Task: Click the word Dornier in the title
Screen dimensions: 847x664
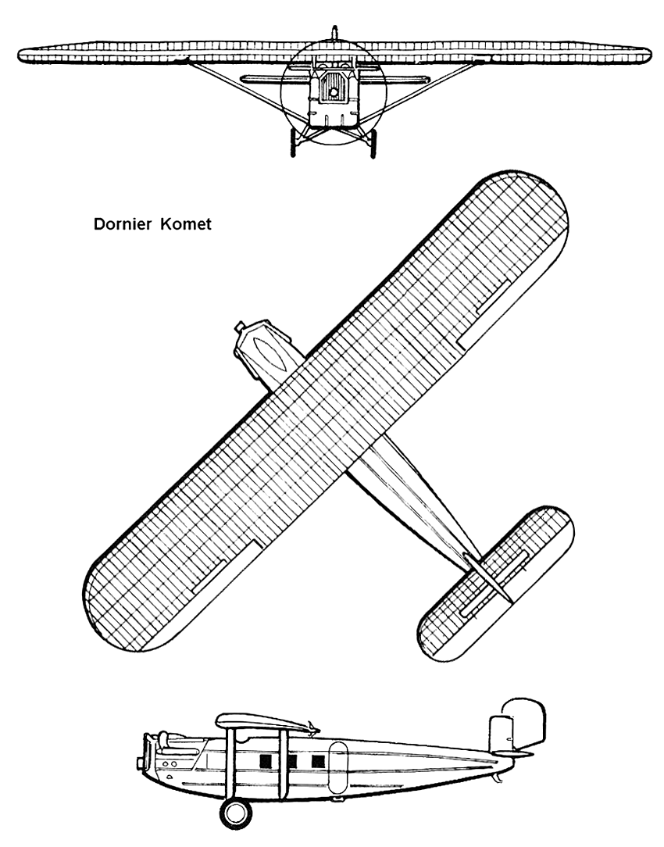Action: click(123, 225)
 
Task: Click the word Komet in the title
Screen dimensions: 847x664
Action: click(186, 225)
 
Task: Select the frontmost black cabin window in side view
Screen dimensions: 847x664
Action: click(266, 760)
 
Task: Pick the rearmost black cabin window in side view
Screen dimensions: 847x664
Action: click(317, 760)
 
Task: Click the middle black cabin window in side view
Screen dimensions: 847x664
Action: click(291, 760)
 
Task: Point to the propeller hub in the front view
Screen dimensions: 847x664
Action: click(334, 93)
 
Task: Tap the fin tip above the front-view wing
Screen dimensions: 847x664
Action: click(335, 32)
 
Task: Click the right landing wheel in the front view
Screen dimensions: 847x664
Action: click(373, 144)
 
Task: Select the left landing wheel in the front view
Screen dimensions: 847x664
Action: click(295, 144)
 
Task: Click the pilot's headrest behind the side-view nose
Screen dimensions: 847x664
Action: click(163, 735)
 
